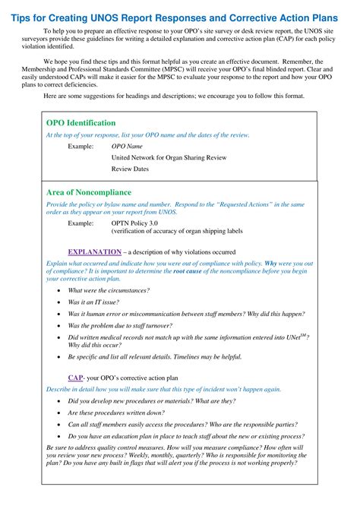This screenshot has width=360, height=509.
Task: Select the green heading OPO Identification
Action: pos(81,122)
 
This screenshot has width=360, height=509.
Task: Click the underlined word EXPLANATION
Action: pos(94,251)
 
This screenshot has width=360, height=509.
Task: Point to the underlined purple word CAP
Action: pos(75,377)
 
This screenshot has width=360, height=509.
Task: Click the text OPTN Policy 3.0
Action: pos(134,224)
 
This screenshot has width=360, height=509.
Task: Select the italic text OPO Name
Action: pos(127,146)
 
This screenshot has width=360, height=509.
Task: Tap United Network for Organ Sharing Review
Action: pos(169,157)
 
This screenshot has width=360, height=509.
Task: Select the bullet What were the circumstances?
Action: pos(109,290)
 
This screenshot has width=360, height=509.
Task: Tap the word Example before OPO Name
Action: pos(81,146)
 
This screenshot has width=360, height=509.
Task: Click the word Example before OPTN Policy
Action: pos(81,224)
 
